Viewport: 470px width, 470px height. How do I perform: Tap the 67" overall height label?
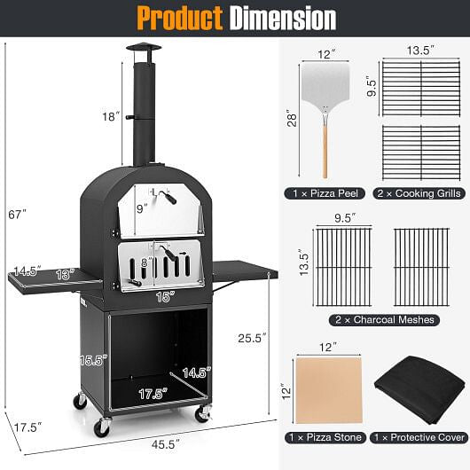pyautogui.click(x=13, y=214)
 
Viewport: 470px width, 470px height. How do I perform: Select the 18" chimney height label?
pyautogui.click(x=110, y=116)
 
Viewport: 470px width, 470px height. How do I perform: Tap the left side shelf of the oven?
pyautogui.click(x=53, y=278)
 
